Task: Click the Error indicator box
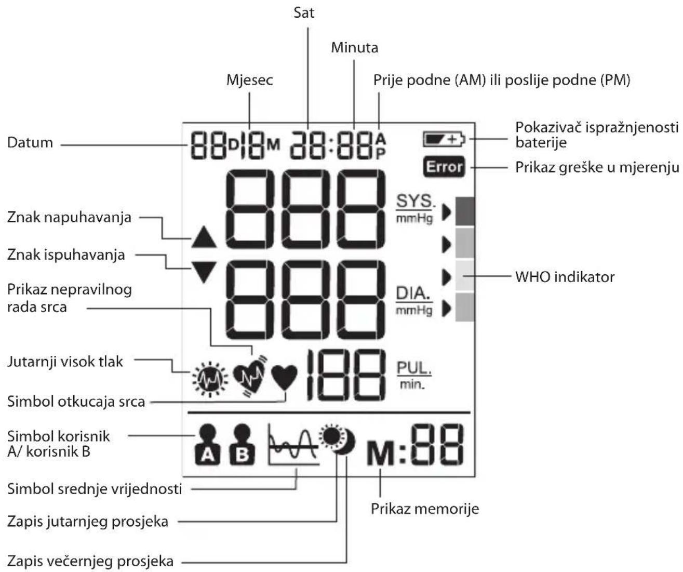(x=444, y=167)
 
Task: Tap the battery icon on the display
(x=444, y=140)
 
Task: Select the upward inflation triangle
(x=204, y=236)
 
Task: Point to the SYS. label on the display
(x=416, y=201)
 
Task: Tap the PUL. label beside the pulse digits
(x=414, y=368)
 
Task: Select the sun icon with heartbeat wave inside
(x=210, y=379)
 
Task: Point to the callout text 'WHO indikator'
(x=565, y=277)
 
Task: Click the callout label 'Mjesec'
(x=250, y=80)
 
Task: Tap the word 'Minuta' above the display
(x=355, y=47)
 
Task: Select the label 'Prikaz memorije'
(x=425, y=509)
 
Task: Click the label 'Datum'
(x=30, y=143)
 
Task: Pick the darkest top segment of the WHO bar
(x=465, y=211)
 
